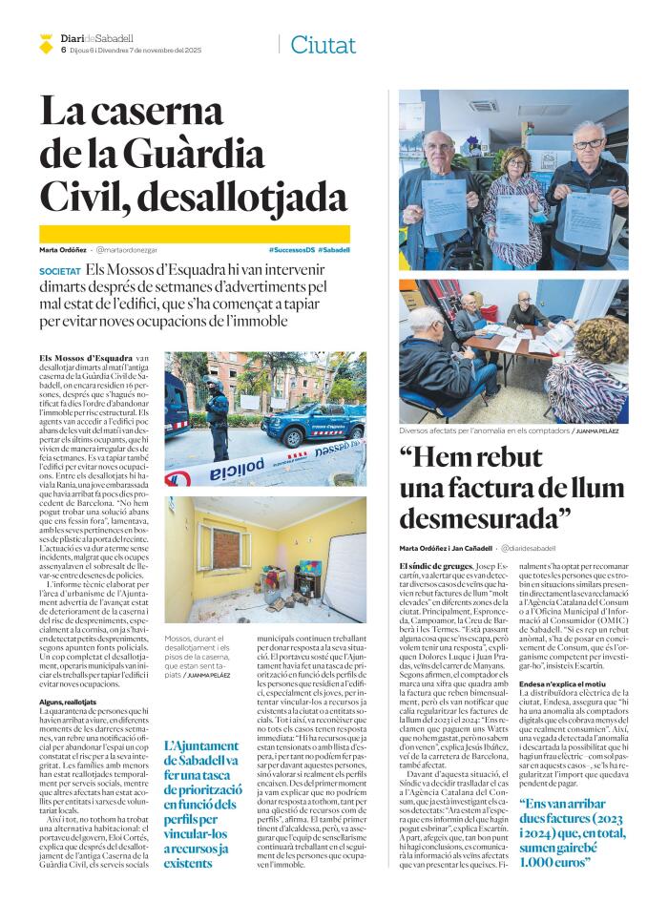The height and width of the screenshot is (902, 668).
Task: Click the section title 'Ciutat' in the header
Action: coord(323,44)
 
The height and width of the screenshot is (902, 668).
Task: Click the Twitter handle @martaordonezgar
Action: coord(128,249)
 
